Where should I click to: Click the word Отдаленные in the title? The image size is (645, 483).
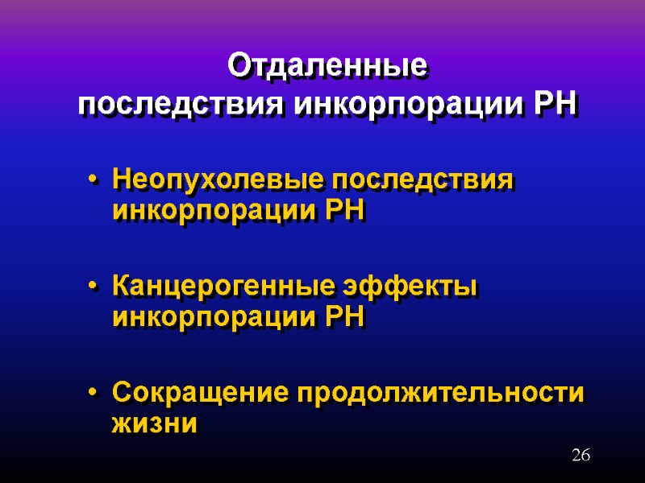coord(327,66)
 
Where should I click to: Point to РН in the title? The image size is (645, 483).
coord(556,105)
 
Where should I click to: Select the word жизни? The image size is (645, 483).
coord(154,424)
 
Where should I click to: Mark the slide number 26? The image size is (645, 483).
coord(580,456)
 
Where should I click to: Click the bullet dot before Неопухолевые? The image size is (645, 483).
coord(95,180)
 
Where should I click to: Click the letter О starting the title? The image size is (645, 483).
coord(239,66)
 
